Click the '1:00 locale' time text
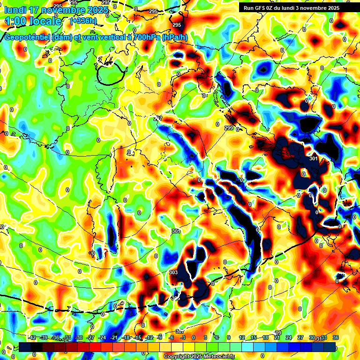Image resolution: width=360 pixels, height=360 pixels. pos(33,21)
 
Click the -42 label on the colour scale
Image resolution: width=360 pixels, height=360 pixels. pos(32,337)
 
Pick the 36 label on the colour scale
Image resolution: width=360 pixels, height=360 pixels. pos(335,337)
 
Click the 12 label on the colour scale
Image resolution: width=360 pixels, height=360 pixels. pos(242,337)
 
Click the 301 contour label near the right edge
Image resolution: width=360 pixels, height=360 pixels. pos(314,159)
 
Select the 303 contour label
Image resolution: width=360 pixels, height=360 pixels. pos(173,272)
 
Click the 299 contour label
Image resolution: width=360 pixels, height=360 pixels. pos(229,128)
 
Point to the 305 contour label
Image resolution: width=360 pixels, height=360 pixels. pos(176,298)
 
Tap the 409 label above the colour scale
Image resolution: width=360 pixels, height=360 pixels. pos(277,333)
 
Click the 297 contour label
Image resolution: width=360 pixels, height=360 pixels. pos(158,119)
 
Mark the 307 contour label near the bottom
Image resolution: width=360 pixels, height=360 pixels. pos(180,332)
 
